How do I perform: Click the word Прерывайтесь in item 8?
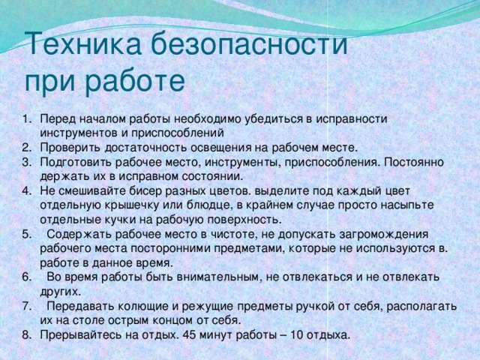[x=80, y=334]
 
